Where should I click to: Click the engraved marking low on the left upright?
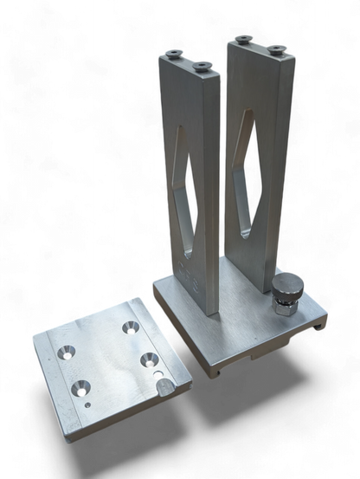(192, 280)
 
